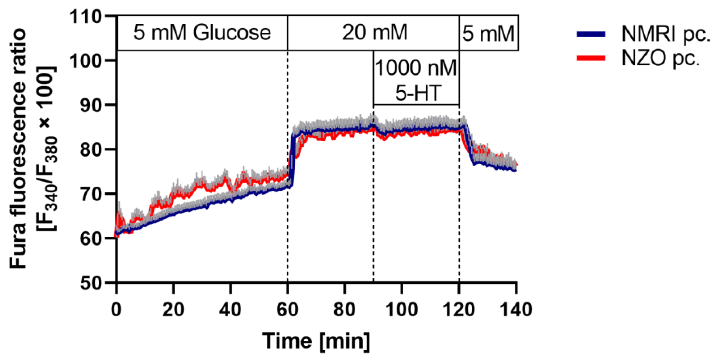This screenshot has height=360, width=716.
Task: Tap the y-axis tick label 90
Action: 91,105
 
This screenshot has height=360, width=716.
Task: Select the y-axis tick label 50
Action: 91,284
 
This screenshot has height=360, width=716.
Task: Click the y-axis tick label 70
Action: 91,194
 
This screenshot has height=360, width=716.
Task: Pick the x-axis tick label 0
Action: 116,309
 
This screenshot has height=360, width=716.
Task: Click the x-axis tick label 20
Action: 173,309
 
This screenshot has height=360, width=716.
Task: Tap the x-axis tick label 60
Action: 287,309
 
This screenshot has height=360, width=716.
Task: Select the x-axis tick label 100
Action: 401,309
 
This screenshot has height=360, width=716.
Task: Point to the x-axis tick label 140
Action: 516,309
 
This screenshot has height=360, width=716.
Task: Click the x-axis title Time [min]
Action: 316,341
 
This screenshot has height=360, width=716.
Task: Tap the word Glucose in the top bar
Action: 232,33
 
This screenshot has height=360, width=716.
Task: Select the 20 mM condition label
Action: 375,33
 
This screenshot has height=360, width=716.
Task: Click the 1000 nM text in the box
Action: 416,68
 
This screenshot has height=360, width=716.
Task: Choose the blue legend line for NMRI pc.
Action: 591,34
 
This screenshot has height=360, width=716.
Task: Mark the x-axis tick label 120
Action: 459,309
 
